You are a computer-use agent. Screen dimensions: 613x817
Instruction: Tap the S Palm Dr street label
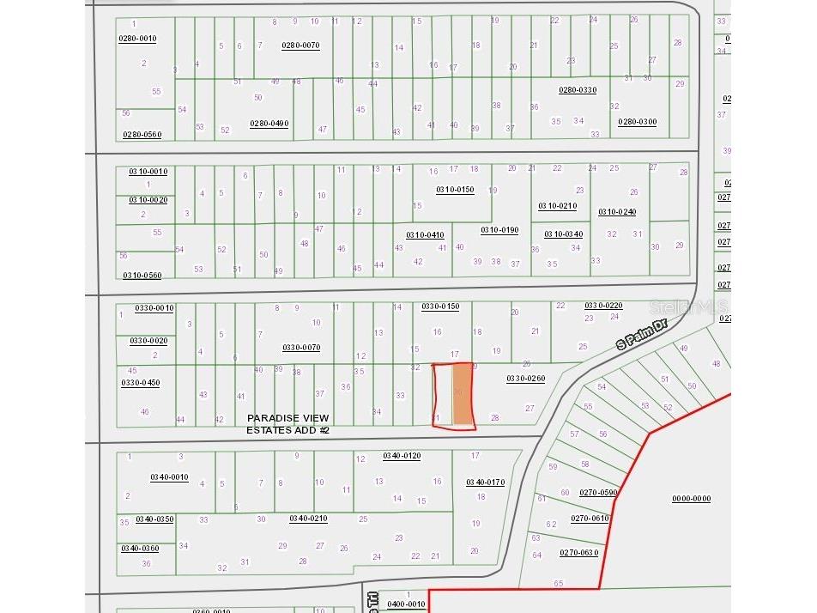point(642,333)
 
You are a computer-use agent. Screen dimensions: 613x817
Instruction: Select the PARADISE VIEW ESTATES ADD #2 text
point(287,424)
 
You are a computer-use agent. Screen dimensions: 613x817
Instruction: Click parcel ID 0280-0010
point(137,39)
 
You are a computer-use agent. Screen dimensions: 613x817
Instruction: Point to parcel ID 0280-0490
point(269,124)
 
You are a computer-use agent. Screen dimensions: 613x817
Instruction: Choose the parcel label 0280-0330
point(578,90)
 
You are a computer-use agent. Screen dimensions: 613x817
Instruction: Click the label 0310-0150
point(454,190)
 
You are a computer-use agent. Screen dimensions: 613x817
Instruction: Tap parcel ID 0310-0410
point(425,234)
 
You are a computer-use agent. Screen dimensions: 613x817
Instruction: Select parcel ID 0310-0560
point(142,276)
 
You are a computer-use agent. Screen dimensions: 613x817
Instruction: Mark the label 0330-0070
point(301,348)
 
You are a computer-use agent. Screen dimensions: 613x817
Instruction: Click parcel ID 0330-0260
point(525,378)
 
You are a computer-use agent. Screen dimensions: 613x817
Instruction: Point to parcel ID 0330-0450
point(141,383)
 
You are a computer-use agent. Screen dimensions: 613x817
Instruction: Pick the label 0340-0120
point(402,456)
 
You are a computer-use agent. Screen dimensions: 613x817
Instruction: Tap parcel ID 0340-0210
point(308,519)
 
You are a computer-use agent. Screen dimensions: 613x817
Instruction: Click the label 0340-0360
point(140,549)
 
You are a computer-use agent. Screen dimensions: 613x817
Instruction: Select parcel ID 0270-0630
point(578,552)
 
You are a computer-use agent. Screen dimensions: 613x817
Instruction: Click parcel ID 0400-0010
point(406,604)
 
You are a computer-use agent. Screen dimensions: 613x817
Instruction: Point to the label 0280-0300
point(638,122)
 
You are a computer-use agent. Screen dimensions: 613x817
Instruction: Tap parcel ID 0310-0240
point(617,212)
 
